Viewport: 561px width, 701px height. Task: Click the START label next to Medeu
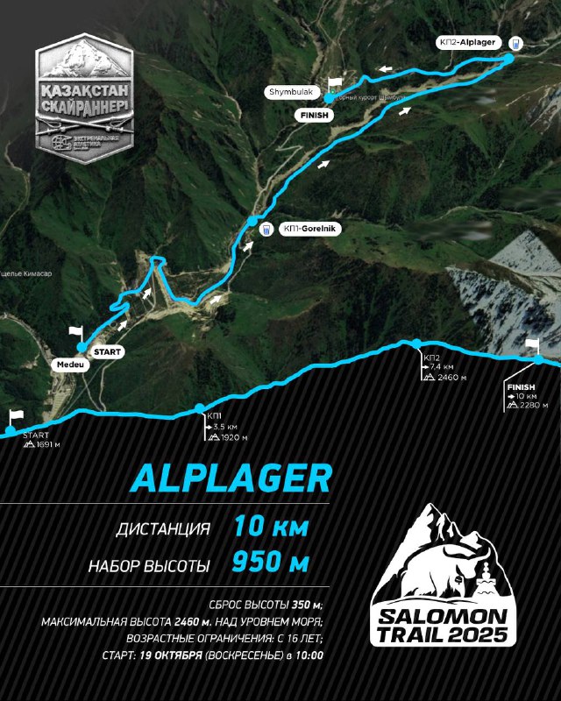pyautogui.click(x=105, y=351)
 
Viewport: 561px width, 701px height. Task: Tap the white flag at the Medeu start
pyautogui.click(x=76, y=332)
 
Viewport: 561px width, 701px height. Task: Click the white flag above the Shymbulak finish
pyautogui.click(x=333, y=83)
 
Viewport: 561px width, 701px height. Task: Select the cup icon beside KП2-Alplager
pyautogui.click(x=515, y=42)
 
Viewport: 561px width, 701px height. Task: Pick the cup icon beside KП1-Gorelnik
pyautogui.click(x=265, y=230)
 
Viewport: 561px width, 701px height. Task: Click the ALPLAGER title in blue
pyautogui.click(x=231, y=478)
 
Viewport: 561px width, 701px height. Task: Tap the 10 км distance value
pyautogui.click(x=271, y=528)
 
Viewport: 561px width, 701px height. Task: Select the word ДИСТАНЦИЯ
pyautogui.click(x=163, y=529)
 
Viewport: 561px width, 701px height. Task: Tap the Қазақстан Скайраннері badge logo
pyautogui.click(x=84, y=96)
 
